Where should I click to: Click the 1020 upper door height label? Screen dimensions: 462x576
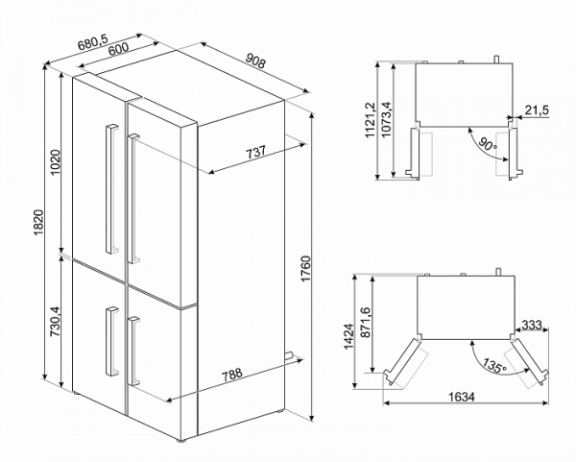[56, 160]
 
